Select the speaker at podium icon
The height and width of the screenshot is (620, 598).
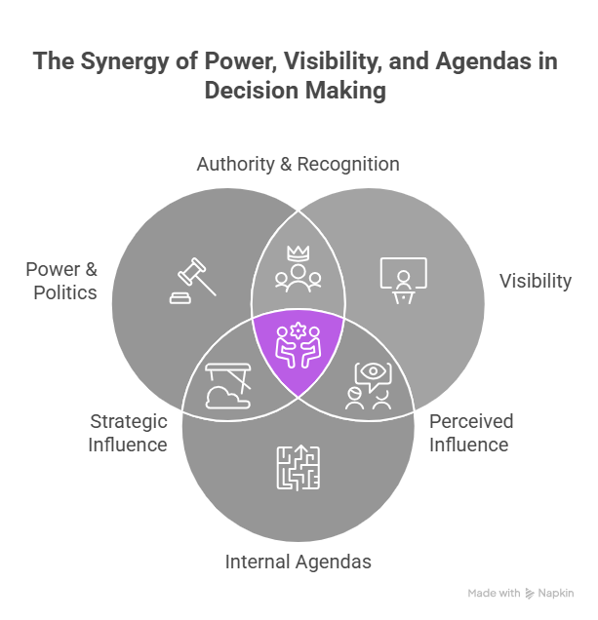tap(402, 280)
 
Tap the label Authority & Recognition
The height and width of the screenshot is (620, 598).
tap(298, 164)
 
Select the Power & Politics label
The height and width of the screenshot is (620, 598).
tap(61, 280)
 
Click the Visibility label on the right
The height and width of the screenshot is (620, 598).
tap(536, 281)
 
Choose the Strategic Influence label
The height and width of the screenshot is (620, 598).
tap(129, 433)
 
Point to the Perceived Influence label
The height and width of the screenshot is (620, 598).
tap(470, 433)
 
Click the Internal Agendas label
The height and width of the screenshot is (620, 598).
tap(299, 562)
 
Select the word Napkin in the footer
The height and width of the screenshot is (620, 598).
tap(555, 593)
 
